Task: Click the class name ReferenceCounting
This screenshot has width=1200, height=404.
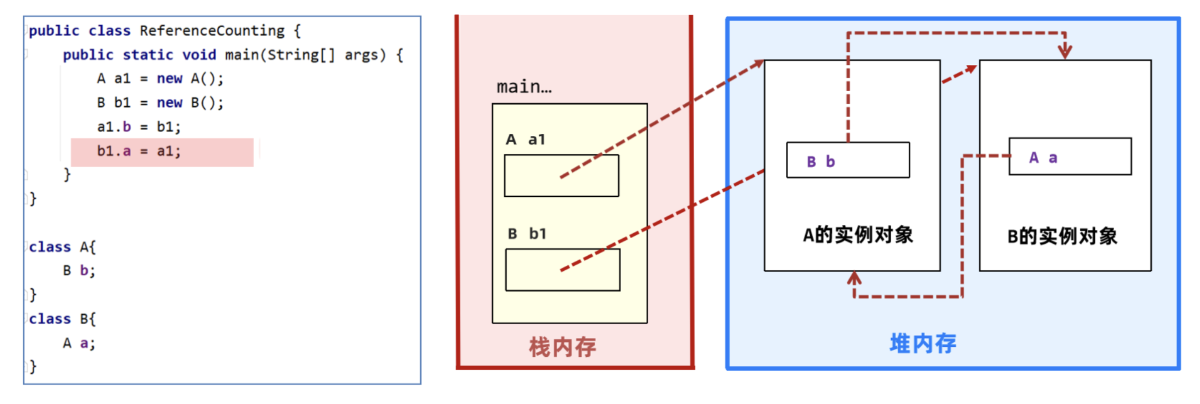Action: click(212, 31)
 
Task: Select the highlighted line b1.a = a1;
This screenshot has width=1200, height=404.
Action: click(139, 151)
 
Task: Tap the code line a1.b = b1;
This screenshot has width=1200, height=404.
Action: click(139, 127)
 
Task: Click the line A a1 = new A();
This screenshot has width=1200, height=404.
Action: click(160, 79)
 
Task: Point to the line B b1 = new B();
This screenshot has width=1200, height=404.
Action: click(160, 103)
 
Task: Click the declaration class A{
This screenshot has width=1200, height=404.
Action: click(62, 247)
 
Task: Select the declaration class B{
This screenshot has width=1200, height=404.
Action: click(62, 319)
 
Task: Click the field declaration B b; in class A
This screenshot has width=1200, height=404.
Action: click(79, 271)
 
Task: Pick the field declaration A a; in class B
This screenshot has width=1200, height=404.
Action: click(79, 344)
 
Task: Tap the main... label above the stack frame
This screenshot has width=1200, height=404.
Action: click(524, 87)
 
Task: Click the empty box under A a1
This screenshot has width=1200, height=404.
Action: click(561, 175)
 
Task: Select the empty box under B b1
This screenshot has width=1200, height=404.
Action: click(562, 270)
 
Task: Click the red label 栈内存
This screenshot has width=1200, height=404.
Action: click(562, 347)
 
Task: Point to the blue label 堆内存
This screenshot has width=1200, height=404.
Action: click(923, 344)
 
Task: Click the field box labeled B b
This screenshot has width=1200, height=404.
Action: click(848, 160)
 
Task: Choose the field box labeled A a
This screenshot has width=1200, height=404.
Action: click(1070, 157)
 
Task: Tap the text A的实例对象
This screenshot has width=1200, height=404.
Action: click(857, 235)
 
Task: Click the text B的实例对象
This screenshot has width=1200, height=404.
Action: click(1062, 237)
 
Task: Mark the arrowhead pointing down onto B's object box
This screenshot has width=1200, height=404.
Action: click(1065, 52)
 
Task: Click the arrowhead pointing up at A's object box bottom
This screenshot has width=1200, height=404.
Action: click(855, 277)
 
